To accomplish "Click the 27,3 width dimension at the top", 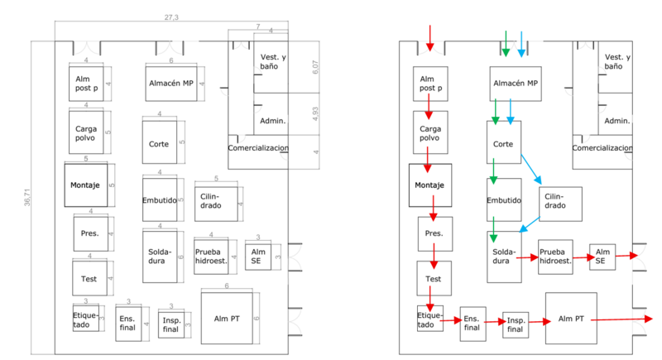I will pyautogui.click(x=172, y=17).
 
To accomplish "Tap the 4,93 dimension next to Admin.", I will pyautogui.click(x=314, y=115).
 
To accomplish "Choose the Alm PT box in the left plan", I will pyautogui.click(x=226, y=319).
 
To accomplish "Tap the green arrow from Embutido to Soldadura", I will pyautogui.click(x=493, y=228).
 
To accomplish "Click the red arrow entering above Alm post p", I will pyautogui.click(x=429, y=37).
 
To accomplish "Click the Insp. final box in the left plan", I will pyautogui.click(x=170, y=324).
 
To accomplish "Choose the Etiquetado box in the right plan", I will pyautogui.click(x=428, y=319).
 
